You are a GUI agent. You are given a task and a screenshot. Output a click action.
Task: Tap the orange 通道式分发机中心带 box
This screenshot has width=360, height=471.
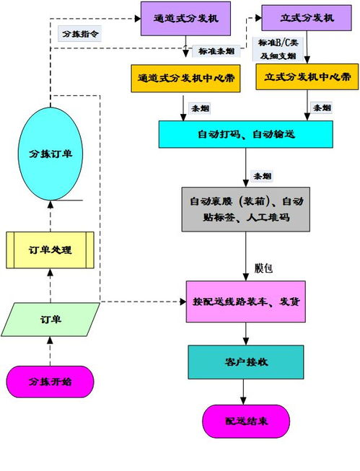(185, 79)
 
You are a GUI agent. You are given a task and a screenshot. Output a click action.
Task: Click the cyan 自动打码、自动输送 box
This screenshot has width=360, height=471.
(245, 134)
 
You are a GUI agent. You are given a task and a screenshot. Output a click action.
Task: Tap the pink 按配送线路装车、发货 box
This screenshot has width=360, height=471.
(245, 301)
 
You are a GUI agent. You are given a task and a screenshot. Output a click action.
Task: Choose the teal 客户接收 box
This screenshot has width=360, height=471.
(245, 362)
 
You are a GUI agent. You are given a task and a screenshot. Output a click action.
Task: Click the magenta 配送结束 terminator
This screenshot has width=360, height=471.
(245, 421)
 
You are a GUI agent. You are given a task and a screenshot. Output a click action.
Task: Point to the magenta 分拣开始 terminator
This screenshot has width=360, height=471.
(50, 382)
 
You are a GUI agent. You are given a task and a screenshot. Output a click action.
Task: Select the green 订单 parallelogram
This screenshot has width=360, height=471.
(50, 320)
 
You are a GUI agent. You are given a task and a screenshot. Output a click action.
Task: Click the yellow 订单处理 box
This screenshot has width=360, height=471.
(50, 250)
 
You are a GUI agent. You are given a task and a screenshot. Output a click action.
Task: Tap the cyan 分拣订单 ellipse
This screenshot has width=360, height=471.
(50, 154)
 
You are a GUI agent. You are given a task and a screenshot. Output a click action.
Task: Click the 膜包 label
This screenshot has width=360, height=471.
(264, 268)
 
